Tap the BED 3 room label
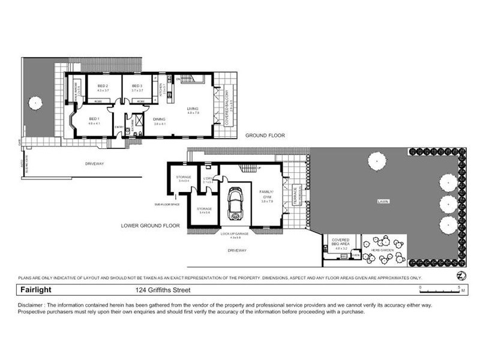(x=137, y=86)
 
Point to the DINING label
(x=159, y=119)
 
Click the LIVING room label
(x=193, y=109)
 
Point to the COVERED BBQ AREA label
(x=340, y=241)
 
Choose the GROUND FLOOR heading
(x=265, y=136)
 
